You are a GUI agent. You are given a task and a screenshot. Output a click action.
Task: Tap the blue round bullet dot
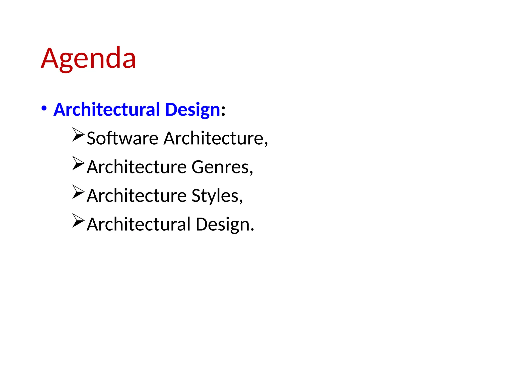coord(44,109)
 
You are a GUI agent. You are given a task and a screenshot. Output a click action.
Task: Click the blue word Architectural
coord(107,110)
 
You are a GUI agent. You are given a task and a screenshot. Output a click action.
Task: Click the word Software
coord(122,138)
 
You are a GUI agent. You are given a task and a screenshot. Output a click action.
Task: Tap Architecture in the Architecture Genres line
coord(137,167)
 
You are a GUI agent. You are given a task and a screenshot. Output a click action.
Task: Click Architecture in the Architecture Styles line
coord(137,196)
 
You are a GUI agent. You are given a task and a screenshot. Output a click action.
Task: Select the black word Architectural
coord(139,224)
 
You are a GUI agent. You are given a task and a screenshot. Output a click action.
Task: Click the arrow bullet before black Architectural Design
coord(78,221)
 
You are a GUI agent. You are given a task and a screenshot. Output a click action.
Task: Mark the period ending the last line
coord(252,229)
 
